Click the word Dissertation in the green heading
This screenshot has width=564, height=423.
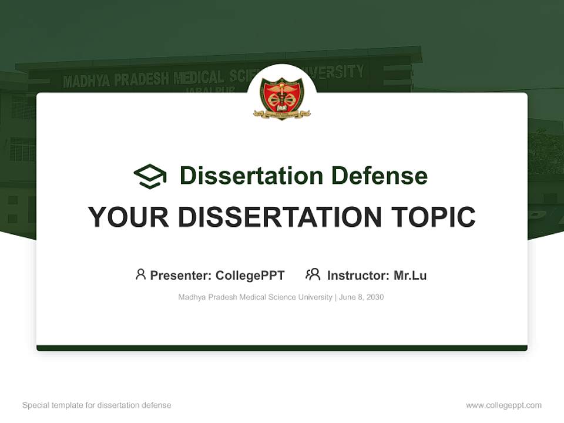coord(251,176)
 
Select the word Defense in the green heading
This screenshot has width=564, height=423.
coord(379,176)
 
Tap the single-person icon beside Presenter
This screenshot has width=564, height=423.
coord(140,274)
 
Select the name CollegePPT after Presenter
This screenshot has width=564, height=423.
coord(250,276)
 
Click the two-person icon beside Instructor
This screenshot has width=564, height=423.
coord(313,274)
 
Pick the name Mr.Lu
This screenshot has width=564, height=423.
coord(410,276)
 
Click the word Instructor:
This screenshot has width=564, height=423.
coord(358,276)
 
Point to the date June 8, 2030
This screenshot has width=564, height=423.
coord(361,297)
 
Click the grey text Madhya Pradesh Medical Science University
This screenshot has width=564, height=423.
coord(255,297)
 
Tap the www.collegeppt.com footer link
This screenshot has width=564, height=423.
coord(503,405)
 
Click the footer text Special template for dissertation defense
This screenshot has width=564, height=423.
coord(97,405)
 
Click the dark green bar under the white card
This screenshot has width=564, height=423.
coord(282,348)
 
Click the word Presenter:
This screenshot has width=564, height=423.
coord(180,276)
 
